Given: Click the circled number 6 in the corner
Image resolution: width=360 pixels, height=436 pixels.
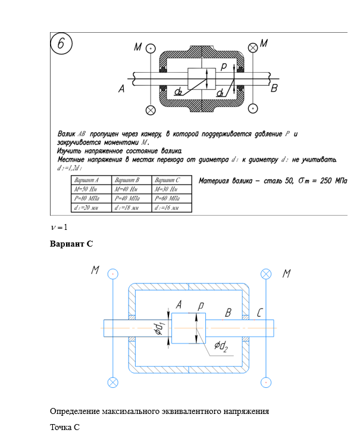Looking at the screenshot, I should coord(63,45).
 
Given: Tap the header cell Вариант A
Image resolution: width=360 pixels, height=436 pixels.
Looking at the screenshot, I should coord(90,179).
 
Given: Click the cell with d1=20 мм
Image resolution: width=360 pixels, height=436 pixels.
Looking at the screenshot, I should coord(90,208).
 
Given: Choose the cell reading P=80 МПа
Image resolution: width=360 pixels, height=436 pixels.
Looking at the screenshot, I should coord(90,198).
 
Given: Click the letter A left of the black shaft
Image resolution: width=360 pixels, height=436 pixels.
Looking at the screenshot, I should coord(121,89).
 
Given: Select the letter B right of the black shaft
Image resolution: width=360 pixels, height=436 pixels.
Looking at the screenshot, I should coord(274,89).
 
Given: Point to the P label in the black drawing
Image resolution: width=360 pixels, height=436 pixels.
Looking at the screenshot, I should coord(223,67).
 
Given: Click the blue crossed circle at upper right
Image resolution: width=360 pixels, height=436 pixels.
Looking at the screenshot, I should coord(266,273).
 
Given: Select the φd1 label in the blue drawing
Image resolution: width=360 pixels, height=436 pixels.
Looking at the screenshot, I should coord(159,328).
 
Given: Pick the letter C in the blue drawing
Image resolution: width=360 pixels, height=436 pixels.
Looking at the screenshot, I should coord(260,312).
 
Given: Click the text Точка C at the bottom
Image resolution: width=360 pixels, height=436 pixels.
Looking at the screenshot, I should coord(65,427).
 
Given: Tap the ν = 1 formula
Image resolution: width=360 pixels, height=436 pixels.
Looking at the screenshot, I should coord(60,228).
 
